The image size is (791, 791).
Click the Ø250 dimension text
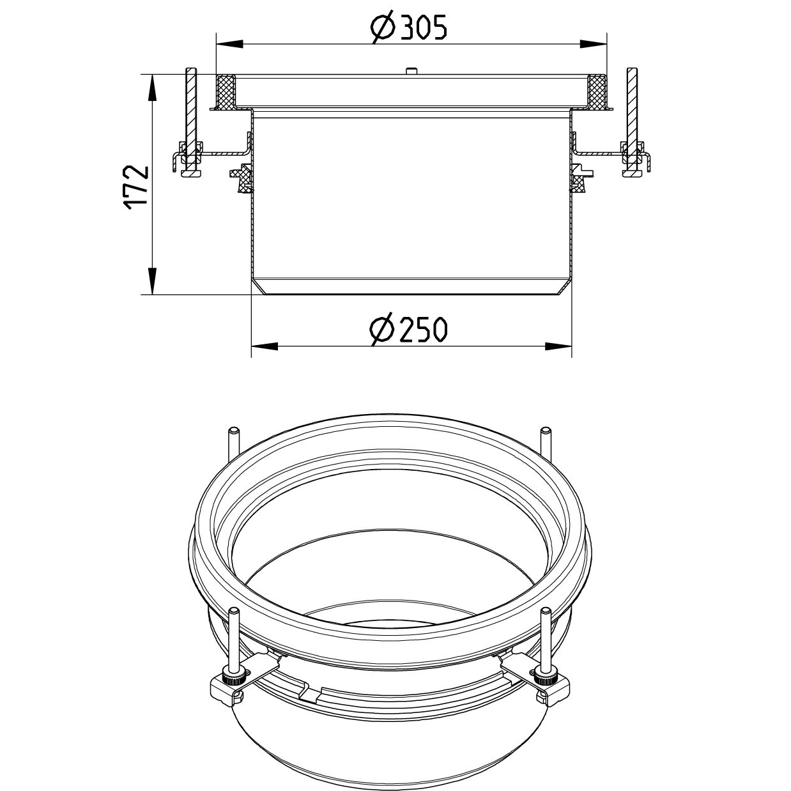408,330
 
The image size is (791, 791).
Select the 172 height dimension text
136,186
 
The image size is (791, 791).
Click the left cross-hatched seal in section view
226,91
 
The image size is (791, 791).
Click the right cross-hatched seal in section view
596,91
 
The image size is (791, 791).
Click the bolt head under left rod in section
190,173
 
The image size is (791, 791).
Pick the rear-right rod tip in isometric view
544,432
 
